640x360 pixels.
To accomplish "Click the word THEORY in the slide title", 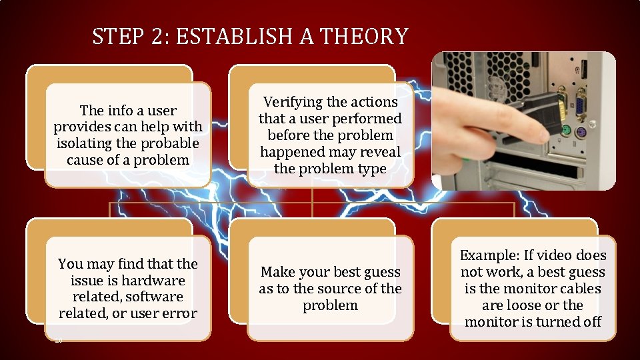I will (364, 36).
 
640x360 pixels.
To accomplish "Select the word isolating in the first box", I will (83, 143).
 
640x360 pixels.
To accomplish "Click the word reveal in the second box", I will (379, 152).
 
